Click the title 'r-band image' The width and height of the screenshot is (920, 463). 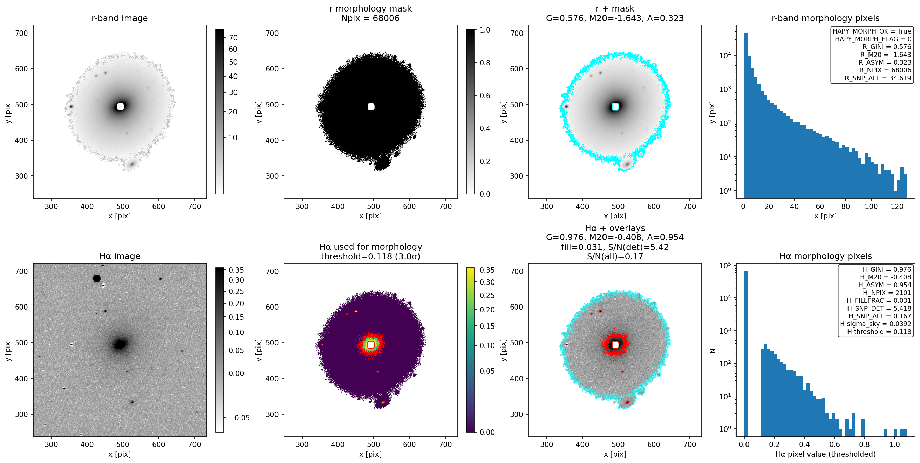pyautogui.click(x=119, y=18)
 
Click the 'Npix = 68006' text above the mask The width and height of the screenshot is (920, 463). pyautogui.click(x=370, y=18)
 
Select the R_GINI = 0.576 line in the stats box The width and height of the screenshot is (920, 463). pyautogui.click(x=887, y=47)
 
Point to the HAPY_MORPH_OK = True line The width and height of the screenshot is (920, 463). pyautogui.click(x=872, y=31)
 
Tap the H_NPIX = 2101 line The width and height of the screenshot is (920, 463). pyautogui.click(x=887, y=293)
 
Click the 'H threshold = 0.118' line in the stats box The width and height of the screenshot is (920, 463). pyautogui.click(x=879, y=332)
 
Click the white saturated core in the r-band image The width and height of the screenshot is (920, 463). pyautogui.click(x=120, y=106)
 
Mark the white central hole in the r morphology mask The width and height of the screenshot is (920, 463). pyautogui.click(x=371, y=106)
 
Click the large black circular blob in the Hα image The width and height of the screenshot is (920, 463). pyautogui.click(x=97, y=278)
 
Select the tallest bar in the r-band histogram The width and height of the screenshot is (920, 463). pyautogui.click(x=746, y=115)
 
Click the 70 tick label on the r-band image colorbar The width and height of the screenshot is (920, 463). pyautogui.click(x=233, y=38)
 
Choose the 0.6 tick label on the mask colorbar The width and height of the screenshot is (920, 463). pyautogui.click(x=485, y=96)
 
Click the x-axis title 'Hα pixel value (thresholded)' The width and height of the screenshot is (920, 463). pyautogui.click(x=825, y=454)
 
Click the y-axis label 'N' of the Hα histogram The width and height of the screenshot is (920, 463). pyautogui.click(x=713, y=351)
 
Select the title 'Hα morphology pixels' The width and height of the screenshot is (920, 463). pyautogui.click(x=825, y=256)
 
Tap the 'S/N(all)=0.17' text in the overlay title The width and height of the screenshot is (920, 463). pyautogui.click(x=615, y=256)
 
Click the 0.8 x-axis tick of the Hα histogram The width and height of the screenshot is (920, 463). pyautogui.click(x=864, y=444)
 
